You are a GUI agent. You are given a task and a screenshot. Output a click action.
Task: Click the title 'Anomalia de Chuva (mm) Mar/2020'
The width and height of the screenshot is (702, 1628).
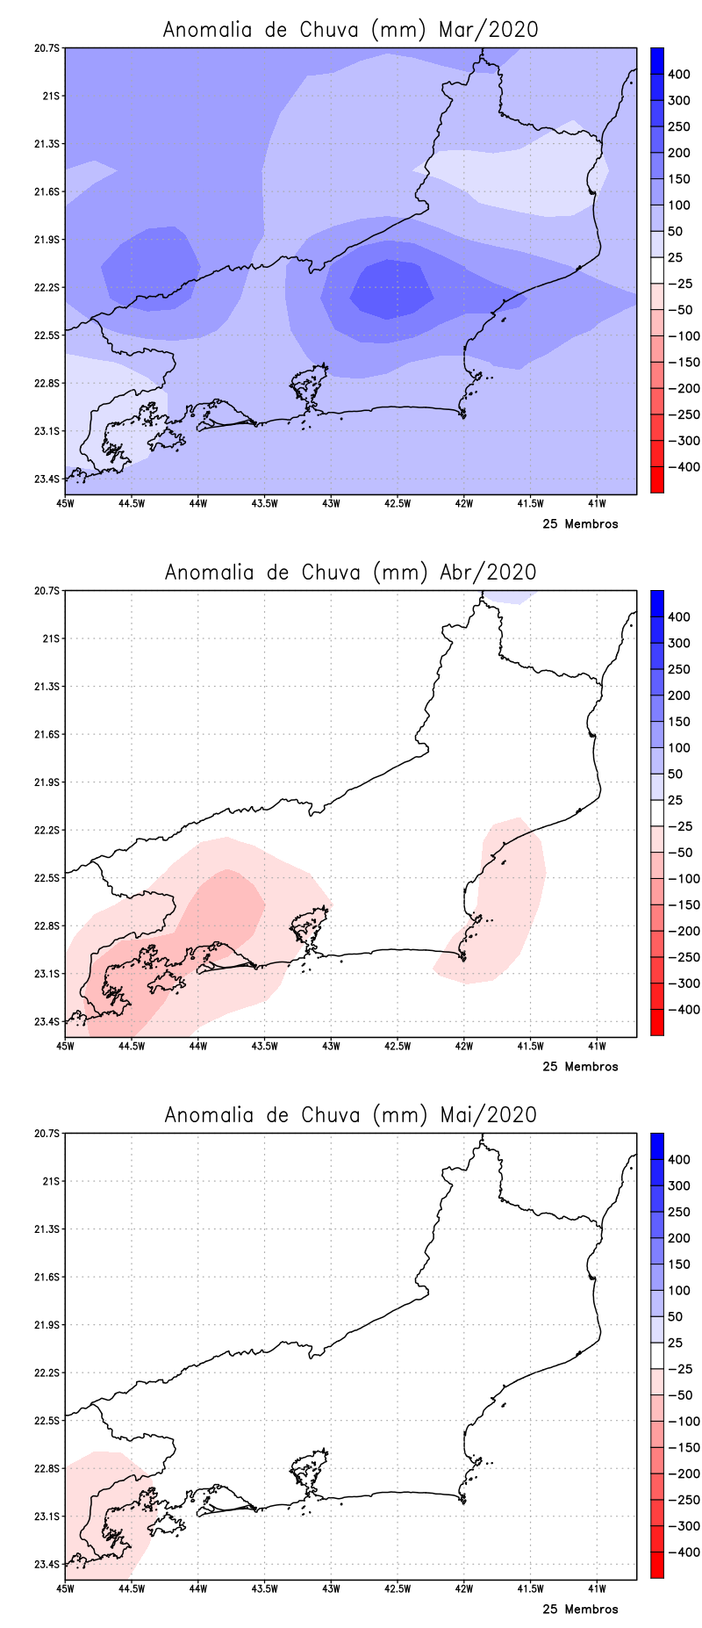pos(350,29)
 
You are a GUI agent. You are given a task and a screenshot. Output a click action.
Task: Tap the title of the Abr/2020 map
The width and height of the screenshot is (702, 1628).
pos(350,572)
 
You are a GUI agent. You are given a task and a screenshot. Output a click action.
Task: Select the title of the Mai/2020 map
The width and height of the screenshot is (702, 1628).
pos(350,1114)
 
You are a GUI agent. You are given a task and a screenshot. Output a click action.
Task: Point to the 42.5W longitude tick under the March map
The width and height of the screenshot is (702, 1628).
pos(398,503)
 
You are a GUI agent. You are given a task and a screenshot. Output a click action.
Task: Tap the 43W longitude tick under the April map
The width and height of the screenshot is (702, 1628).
pos(331,1046)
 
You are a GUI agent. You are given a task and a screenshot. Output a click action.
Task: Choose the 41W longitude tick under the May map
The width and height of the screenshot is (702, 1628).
pos(597,1588)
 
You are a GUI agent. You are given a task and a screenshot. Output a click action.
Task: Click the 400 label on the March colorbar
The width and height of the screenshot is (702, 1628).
pos(678,75)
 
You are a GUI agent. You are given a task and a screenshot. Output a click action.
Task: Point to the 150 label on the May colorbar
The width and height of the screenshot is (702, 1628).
pos(678,1264)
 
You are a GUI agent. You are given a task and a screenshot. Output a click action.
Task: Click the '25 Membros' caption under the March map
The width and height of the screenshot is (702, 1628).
pos(580,524)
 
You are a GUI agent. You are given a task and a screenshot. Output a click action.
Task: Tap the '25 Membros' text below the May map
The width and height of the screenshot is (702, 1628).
pos(580,1610)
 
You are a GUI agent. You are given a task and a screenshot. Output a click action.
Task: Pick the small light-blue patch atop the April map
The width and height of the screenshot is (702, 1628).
pos(509,596)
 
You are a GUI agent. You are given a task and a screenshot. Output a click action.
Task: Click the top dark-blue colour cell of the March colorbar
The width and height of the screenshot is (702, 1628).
pos(656,61)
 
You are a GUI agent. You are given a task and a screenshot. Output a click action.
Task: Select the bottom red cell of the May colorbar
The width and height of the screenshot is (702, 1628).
pos(656,1566)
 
